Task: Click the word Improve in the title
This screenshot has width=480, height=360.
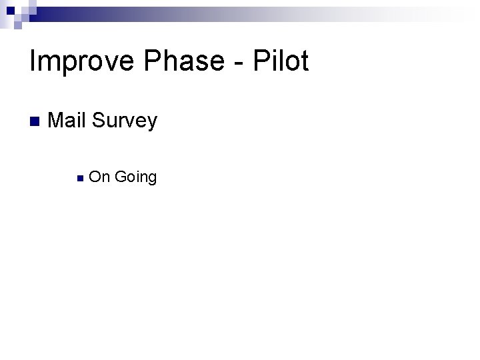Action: click(x=73, y=61)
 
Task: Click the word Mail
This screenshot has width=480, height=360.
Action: click(x=68, y=121)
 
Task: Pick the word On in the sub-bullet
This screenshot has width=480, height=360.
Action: click(x=99, y=177)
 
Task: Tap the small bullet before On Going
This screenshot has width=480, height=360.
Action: click(x=79, y=178)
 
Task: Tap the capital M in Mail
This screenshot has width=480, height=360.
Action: click(x=57, y=121)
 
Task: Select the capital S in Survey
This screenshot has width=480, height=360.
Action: click(x=99, y=121)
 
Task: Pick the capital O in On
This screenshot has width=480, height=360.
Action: click(x=95, y=177)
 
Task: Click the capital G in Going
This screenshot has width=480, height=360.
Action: click(x=121, y=177)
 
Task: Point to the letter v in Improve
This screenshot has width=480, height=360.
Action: click(x=99, y=64)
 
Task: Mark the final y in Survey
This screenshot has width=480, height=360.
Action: click(x=152, y=124)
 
